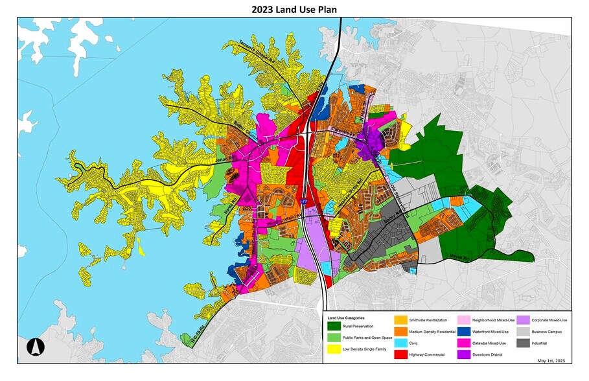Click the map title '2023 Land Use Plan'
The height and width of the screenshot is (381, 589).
click(295, 9)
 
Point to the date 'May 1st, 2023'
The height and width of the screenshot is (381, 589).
click(551, 360)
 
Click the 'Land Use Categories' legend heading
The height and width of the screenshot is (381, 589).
click(346, 318)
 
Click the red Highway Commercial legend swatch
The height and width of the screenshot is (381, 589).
click(401, 354)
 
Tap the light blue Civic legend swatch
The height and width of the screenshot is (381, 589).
click(401, 343)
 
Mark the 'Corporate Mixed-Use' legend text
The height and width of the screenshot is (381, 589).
click(549, 320)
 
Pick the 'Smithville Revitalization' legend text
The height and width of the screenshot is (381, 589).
click(429, 320)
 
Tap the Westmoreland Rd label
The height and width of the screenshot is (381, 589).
click(283, 217)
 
